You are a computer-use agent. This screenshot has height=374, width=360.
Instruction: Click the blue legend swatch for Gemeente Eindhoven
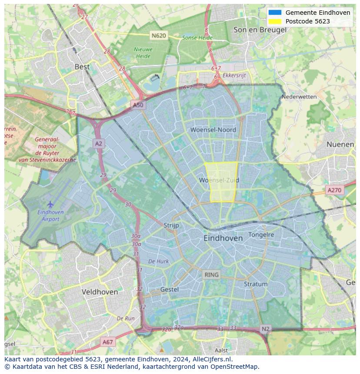click(x=275, y=13)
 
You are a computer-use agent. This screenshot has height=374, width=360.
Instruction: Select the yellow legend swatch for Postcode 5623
click(x=275, y=21)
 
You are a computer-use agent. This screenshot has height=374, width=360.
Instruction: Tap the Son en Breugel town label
click(x=260, y=30)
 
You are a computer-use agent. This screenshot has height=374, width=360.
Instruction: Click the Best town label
click(x=82, y=66)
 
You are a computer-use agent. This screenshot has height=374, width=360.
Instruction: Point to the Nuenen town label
click(x=340, y=144)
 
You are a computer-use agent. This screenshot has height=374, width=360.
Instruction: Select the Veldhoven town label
click(x=100, y=292)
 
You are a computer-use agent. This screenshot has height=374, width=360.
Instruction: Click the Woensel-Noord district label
click(x=213, y=129)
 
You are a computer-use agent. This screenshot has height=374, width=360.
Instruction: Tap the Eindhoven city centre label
click(x=223, y=238)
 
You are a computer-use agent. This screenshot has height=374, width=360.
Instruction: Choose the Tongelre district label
click(x=261, y=235)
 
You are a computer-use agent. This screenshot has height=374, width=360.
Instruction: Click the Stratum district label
click(x=256, y=284)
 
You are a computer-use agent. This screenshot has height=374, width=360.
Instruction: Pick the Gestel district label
click(x=169, y=289)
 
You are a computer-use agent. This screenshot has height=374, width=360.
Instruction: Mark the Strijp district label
click(x=171, y=225)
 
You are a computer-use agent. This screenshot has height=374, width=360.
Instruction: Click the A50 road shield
click(x=138, y=105)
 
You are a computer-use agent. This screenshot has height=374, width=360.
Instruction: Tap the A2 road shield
click(x=99, y=144)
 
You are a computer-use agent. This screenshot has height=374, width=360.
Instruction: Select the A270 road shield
click(x=334, y=190)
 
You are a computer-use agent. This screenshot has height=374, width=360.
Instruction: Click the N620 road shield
click(x=159, y=35)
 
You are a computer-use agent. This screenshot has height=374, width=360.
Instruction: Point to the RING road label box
click(x=212, y=275)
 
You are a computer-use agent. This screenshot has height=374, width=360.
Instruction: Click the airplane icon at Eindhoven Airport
click(x=50, y=204)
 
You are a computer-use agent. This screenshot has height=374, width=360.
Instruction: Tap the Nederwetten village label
click(x=299, y=96)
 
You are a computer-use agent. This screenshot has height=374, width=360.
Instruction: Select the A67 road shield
click(x=108, y=342)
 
